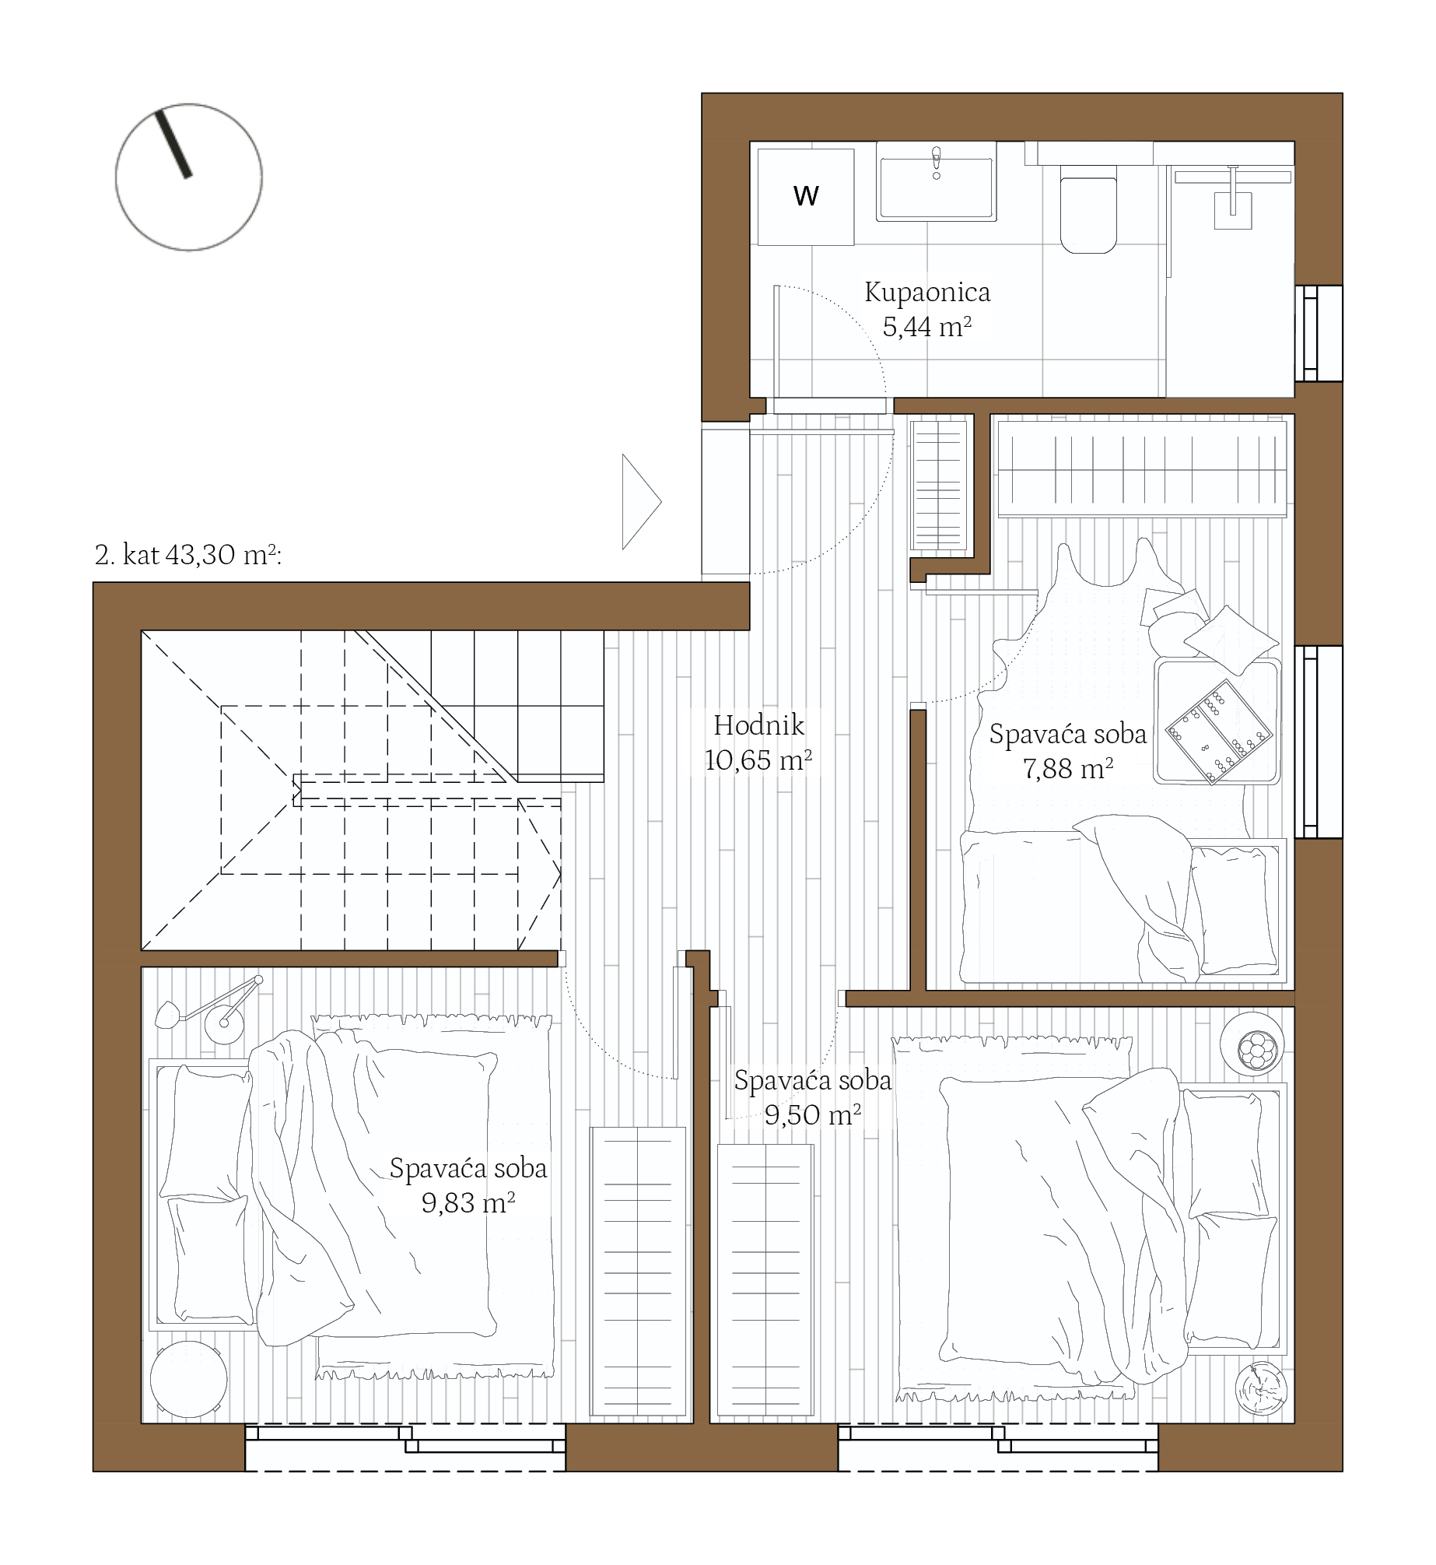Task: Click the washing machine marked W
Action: (806, 197)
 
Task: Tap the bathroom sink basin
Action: (936, 187)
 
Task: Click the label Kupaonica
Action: (927, 293)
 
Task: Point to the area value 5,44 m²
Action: (926, 327)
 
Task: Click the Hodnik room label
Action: (759, 725)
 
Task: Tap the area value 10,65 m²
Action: (758, 760)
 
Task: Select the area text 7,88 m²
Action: (1067, 769)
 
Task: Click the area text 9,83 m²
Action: (468, 1203)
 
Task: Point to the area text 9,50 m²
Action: (813, 1115)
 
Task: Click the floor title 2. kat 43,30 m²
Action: (187, 555)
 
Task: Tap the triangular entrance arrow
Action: (642, 502)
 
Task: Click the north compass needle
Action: (173, 145)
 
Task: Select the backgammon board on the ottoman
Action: (1218, 732)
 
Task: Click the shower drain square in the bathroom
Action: (1233, 210)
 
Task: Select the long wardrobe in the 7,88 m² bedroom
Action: (1142, 469)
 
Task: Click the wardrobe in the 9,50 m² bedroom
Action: (765, 1280)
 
